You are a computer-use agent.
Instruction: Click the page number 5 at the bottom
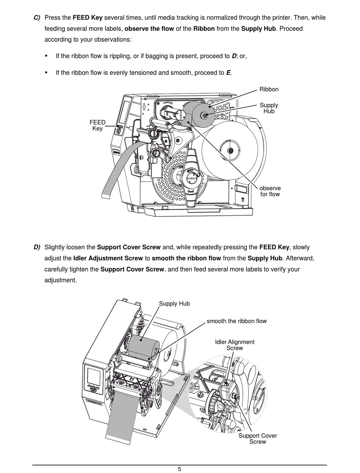tap(180, 469)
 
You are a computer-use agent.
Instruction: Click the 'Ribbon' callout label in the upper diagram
tap(269, 89)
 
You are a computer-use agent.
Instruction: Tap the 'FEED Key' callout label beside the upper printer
tap(97, 125)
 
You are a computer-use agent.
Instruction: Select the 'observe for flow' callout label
tap(270, 191)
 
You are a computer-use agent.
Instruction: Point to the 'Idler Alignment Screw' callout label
tap(235, 345)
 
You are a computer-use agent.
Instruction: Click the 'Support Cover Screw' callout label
tap(258, 439)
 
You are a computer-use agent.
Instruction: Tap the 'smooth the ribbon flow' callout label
tap(236, 321)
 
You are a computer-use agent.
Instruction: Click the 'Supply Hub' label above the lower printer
tap(174, 304)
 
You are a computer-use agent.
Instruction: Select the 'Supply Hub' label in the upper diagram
tap(269, 108)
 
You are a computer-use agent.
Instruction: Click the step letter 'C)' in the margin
tap(37, 17)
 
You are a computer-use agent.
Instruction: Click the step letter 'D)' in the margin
tap(37, 247)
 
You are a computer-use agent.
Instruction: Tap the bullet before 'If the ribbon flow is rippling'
tap(47, 56)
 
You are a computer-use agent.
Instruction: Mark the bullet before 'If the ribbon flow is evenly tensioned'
tap(47, 72)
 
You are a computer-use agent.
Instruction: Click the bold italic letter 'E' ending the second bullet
tap(228, 72)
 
